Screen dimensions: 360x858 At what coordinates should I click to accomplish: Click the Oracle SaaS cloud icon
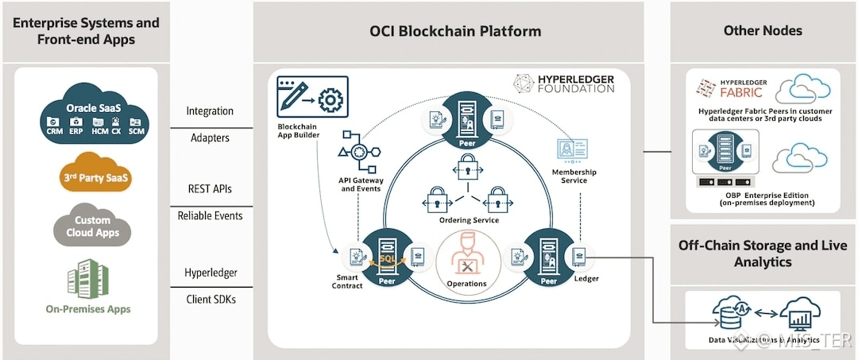[x=95, y=114]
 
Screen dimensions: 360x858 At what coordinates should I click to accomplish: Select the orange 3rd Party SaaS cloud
[x=95, y=178]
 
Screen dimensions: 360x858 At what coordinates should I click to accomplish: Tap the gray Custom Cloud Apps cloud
[x=92, y=226]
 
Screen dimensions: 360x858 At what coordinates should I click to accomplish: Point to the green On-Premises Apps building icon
[x=89, y=278]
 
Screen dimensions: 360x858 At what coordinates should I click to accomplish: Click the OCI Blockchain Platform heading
[x=455, y=32]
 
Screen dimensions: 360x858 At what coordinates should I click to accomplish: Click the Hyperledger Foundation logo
[x=563, y=83]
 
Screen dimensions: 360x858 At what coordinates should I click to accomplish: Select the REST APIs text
[x=211, y=189]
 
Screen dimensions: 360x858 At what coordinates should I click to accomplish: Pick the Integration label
[x=210, y=111]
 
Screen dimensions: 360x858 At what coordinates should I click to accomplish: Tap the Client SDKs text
[x=211, y=300]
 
